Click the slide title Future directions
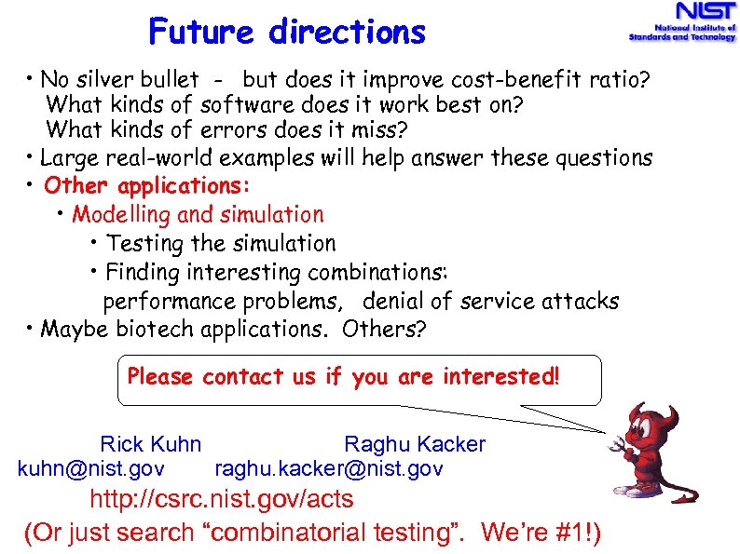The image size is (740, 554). [x=287, y=34]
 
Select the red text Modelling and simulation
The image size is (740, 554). [x=198, y=214]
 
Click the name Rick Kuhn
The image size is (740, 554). [x=150, y=444]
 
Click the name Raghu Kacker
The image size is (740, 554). [x=415, y=444]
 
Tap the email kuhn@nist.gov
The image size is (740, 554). [x=91, y=468]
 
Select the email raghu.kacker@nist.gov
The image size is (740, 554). [x=329, y=468]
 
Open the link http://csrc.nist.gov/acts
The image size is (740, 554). [x=221, y=499]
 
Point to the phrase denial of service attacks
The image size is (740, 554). [x=490, y=302]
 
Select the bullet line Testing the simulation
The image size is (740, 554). [x=220, y=243]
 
